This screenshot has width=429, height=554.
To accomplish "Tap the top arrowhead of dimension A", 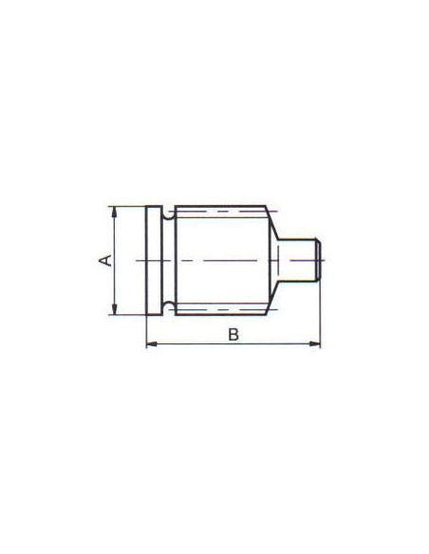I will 114,210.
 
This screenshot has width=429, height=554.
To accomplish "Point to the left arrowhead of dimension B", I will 150,343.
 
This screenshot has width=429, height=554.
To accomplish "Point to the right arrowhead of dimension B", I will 317,343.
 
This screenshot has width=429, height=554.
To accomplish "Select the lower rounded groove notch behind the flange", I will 168,305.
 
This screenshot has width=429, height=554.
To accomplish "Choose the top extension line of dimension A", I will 128,206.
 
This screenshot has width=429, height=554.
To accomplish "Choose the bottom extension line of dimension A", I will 128,315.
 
